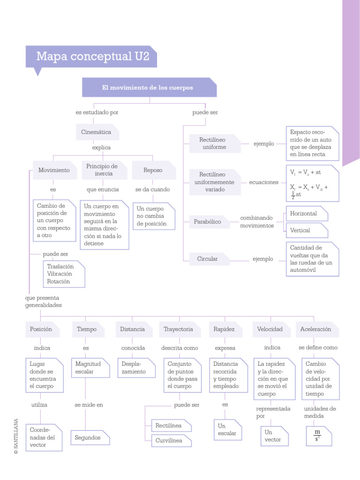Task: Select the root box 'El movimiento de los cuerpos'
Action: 149,88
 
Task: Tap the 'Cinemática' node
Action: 97,132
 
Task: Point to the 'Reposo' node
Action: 153,170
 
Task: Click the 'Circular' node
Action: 209,259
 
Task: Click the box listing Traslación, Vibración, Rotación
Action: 64,274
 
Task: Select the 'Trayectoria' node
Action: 179,330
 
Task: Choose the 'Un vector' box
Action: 274,436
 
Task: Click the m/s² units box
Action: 318,436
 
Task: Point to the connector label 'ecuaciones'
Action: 263,182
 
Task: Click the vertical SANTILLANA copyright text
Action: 16,436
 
